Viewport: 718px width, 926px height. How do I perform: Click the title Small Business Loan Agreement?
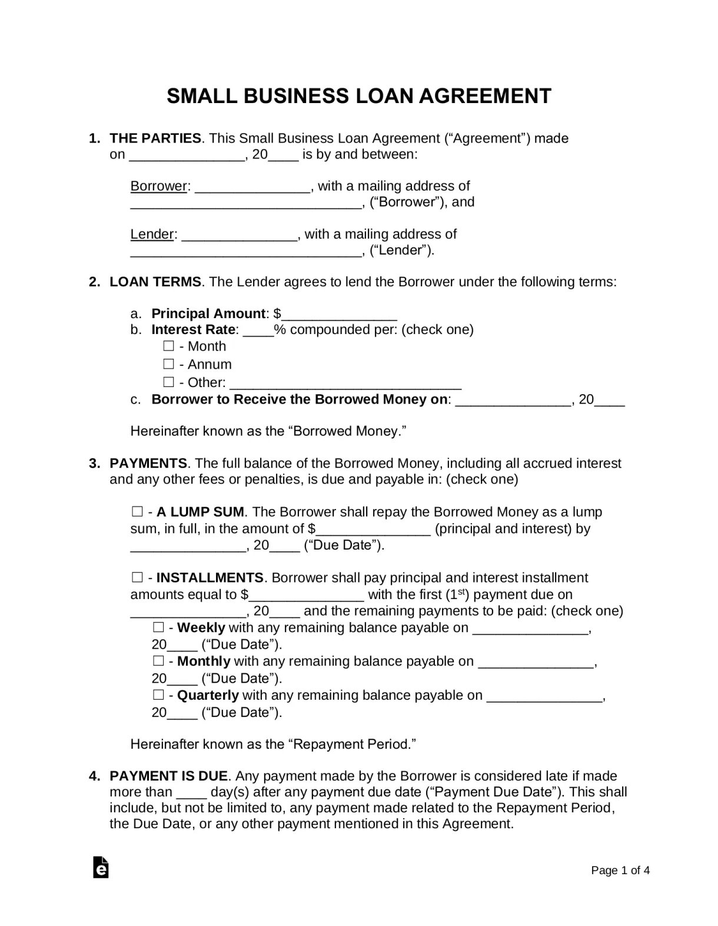point(358,96)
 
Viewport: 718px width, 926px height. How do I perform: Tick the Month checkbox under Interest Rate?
point(169,346)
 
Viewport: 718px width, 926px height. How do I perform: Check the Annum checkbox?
point(169,364)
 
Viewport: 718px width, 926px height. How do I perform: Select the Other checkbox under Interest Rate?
point(169,382)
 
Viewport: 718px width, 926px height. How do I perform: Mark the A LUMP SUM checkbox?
point(137,511)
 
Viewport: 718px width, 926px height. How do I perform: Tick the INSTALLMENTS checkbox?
point(137,577)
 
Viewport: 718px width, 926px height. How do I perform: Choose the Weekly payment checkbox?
point(158,627)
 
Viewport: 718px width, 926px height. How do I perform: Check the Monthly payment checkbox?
point(158,661)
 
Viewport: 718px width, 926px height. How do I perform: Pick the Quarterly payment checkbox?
point(158,695)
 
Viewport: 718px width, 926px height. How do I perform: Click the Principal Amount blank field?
point(340,315)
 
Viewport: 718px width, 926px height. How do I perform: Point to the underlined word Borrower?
point(158,186)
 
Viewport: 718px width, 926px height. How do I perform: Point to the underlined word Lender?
point(152,234)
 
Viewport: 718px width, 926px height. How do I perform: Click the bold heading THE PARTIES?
point(155,138)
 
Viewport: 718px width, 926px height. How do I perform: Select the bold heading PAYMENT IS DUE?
point(168,776)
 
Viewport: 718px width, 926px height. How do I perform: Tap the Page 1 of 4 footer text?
point(620,870)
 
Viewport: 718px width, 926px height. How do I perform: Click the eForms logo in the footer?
point(101,867)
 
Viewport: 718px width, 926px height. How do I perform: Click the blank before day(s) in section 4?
point(191,793)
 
